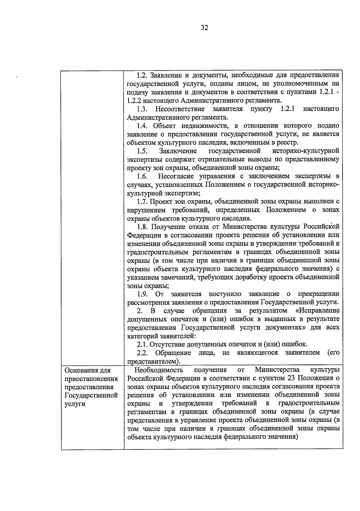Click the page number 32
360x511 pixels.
[204, 28]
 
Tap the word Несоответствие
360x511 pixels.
[180, 109]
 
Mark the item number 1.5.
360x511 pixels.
[142, 151]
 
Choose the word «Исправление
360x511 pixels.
[317, 310]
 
